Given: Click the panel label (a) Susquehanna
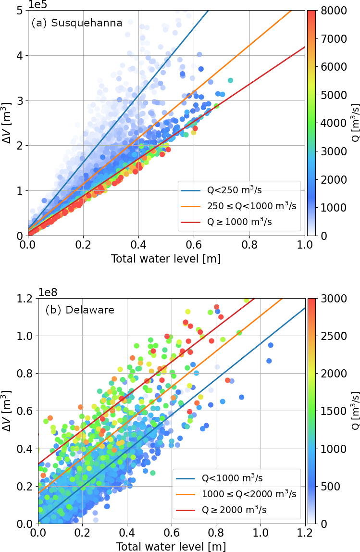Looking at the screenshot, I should tap(77, 23).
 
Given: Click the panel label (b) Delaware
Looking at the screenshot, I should tap(80, 310).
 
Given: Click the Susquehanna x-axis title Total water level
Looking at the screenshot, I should tap(166, 259).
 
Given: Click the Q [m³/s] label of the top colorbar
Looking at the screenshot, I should tap(354, 123).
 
